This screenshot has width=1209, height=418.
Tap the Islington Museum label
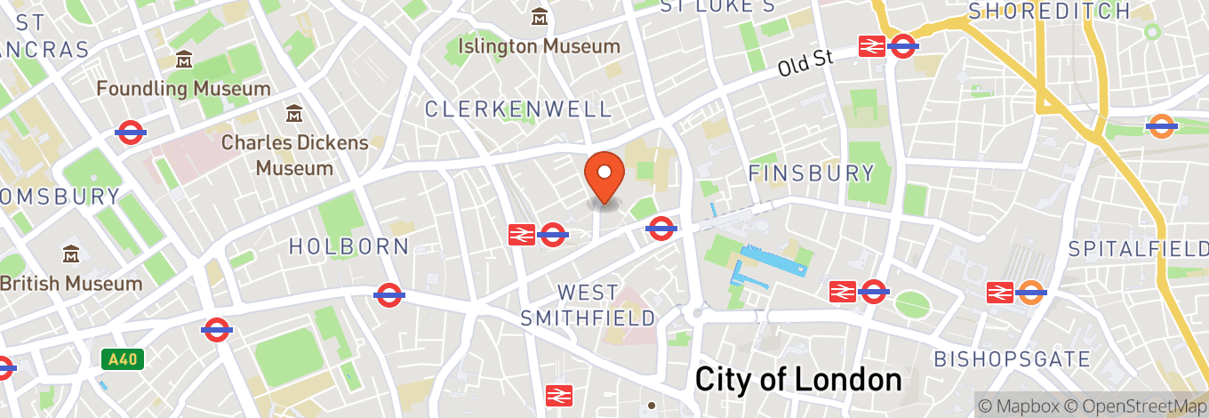(x=539, y=45)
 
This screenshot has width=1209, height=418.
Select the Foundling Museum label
(x=183, y=89)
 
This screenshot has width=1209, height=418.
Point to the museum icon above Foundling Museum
(x=184, y=60)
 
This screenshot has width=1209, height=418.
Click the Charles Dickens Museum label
(x=294, y=155)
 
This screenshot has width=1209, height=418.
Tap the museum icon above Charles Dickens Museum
(x=293, y=114)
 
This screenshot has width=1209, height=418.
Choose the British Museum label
(x=71, y=284)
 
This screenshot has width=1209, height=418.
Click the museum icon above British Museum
(x=71, y=255)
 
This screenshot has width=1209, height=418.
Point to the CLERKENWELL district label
(x=519, y=109)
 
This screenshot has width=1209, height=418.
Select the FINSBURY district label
(x=812, y=173)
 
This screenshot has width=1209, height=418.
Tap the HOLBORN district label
(x=348, y=246)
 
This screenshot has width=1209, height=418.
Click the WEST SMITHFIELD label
(x=588, y=305)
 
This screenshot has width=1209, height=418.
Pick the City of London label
(x=797, y=380)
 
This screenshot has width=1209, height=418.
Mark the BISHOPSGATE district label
(x=1012, y=359)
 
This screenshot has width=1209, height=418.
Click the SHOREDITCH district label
(x=1049, y=12)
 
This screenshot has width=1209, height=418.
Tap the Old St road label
(x=805, y=62)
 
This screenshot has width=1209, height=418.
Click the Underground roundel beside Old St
(x=903, y=45)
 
